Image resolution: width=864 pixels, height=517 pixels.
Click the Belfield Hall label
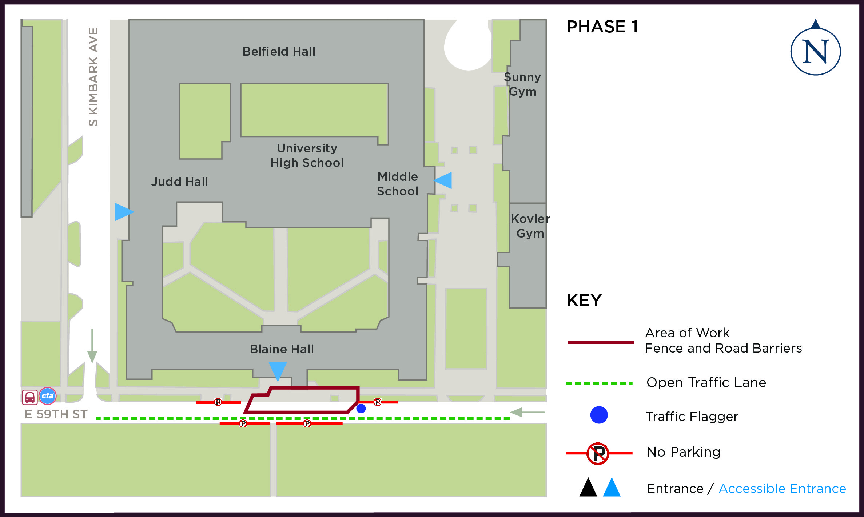pyautogui.click(x=279, y=52)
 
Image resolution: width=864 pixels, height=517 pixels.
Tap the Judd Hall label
pyautogui.click(x=179, y=182)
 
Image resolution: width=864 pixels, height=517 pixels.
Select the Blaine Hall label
pyautogui.click(x=282, y=349)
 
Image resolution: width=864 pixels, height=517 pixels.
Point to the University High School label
pyautogui.click(x=307, y=155)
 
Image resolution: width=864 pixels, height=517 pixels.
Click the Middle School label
pyautogui.click(x=398, y=184)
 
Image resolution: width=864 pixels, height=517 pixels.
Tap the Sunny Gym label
pyautogui.click(x=522, y=84)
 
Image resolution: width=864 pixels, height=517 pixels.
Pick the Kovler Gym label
pyautogui.click(x=530, y=226)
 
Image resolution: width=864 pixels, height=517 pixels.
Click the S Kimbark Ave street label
pyautogui.click(x=93, y=77)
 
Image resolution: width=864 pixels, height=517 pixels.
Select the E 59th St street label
pyautogui.click(x=56, y=414)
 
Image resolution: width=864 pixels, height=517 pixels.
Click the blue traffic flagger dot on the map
pyautogui.click(x=361, y=409)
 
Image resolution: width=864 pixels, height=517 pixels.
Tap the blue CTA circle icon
pyautogui.click(x=48, y=396)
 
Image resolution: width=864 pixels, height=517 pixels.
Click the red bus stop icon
pyautogui.click(x=30, y=397)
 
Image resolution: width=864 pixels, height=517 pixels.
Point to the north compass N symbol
pyautogui.click(x=816, y=51)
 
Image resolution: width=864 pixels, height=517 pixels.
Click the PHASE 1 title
pyautogui.click(x=602, y=27)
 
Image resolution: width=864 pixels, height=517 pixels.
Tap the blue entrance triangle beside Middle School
pyautogui.click(x=444, y=180)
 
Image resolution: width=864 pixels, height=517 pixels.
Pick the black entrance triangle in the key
pyautogui.click(x=588, y=488)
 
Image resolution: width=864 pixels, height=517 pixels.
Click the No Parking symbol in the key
pyautogui.click(x=598, y=453)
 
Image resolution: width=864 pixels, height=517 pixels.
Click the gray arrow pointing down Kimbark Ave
pyautogui.click(x=92, y=346)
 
